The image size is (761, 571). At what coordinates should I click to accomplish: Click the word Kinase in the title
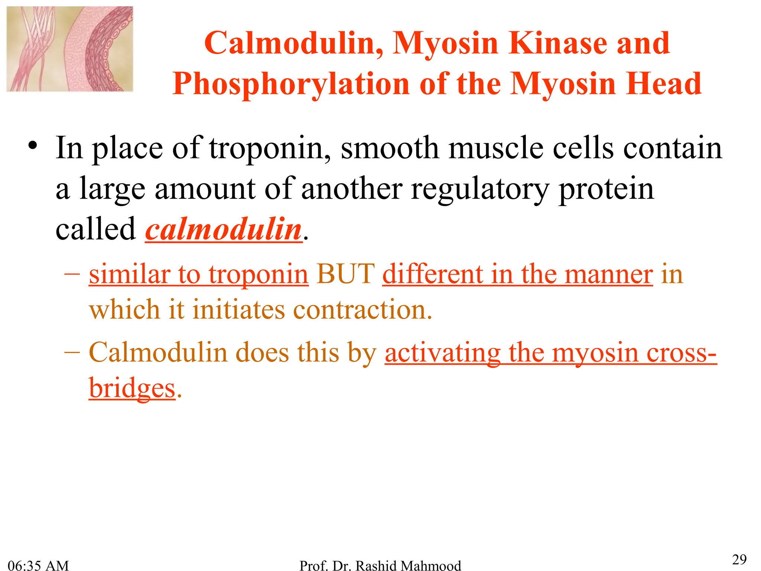[x=558, y=43]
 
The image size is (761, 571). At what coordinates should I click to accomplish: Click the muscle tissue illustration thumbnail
[x=70, y=49]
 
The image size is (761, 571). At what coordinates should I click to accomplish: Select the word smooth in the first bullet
[x=390, y=148]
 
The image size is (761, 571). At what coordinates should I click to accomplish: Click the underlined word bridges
[x=132, y=388]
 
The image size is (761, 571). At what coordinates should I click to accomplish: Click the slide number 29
[x=739, y=559]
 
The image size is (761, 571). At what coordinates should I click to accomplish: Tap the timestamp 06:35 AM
[x=38, y=565]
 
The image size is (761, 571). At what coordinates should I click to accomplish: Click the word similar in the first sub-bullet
[x=129, y=274]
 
